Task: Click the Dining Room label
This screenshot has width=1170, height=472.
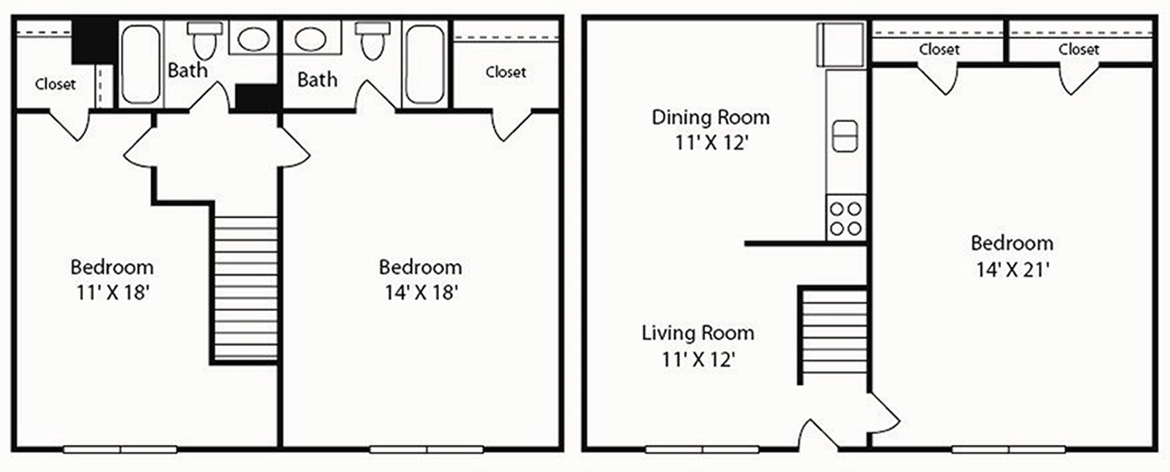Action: coord(710,117)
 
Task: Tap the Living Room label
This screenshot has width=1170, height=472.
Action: coord(698,333)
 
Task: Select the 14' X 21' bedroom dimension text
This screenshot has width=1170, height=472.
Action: coord(1013,270)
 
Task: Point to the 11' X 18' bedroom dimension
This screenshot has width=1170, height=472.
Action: coord(112,292)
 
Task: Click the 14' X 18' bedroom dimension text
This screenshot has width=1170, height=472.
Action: coord(421,292)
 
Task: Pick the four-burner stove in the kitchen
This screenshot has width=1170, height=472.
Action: coord(846,218)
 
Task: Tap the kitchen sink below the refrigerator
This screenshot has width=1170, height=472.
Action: coord(845,136)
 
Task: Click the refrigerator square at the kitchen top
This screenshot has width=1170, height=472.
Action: coord(841,45)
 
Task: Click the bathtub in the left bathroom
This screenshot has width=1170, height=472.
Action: coord(141,64)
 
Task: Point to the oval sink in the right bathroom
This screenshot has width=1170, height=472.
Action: coord(311,40)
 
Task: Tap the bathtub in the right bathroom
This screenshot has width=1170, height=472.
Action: coord(425,64)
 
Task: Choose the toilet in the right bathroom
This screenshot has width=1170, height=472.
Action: coord(372,40)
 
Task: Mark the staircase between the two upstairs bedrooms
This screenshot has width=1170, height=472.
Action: coord(245,288)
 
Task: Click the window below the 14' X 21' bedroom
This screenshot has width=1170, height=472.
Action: coord(1008,450)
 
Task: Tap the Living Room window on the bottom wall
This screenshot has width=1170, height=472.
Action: coord(702,450)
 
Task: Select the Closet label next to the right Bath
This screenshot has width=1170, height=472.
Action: coord(506,72)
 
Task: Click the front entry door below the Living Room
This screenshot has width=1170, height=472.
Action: coord(818,435)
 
